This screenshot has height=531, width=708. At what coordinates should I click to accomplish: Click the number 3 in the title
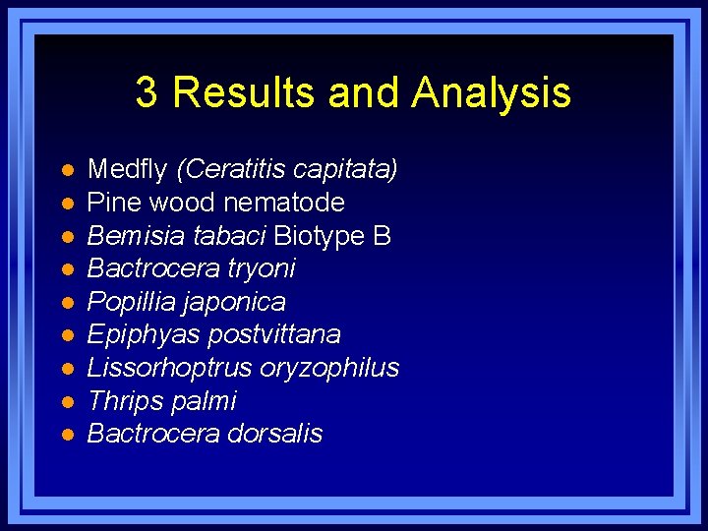pos(147,92)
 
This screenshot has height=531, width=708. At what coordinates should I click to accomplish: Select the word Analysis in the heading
pos(491,92)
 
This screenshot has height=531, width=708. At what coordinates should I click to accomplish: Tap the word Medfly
pos(128,169)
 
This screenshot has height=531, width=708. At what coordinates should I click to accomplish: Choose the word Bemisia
pos(128,236)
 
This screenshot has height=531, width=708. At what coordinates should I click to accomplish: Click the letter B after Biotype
pos(383,236)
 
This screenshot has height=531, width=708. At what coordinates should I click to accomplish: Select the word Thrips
pos(121,401)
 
